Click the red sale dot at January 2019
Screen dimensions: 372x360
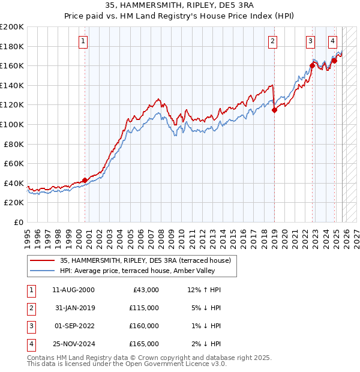(x=274, y=110)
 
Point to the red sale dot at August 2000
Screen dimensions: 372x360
(x=85, y=180)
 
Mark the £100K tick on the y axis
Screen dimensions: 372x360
(x=13, y=124)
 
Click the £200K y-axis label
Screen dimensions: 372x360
(x=13, y=27)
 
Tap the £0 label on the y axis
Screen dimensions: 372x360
(x=18, y=222)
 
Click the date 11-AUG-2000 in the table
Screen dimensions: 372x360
(x=73, y=289)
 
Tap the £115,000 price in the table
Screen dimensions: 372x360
(x=144, y=308)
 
